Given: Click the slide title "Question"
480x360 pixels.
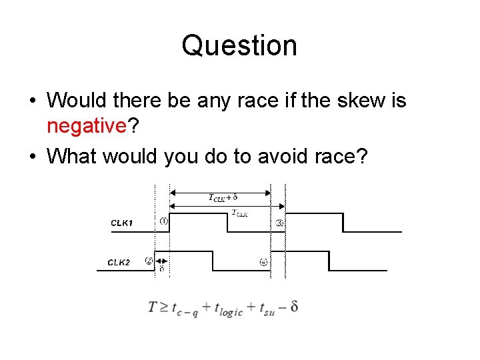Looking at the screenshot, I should (x=239, y=46).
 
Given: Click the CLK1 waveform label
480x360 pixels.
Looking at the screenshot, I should (x=121, y=223).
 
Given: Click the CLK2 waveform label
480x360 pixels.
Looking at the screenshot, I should (x=120, y=263).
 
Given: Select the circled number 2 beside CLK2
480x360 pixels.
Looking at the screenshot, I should (x=149, y=261).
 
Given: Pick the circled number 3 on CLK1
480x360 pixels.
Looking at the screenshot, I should (x=279, y=223).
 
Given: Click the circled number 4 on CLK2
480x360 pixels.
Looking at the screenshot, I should (x=263, y=262).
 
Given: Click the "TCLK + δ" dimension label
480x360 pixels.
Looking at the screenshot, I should (x=223, y=197).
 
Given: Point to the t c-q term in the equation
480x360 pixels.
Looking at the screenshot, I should (x=185, y=309).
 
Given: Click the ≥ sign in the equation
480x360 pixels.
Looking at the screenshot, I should (x=165, y=307).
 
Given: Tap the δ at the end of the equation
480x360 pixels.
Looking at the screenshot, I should (x=294, y=307).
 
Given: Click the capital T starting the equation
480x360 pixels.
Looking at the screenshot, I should (x=153, y=307).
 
